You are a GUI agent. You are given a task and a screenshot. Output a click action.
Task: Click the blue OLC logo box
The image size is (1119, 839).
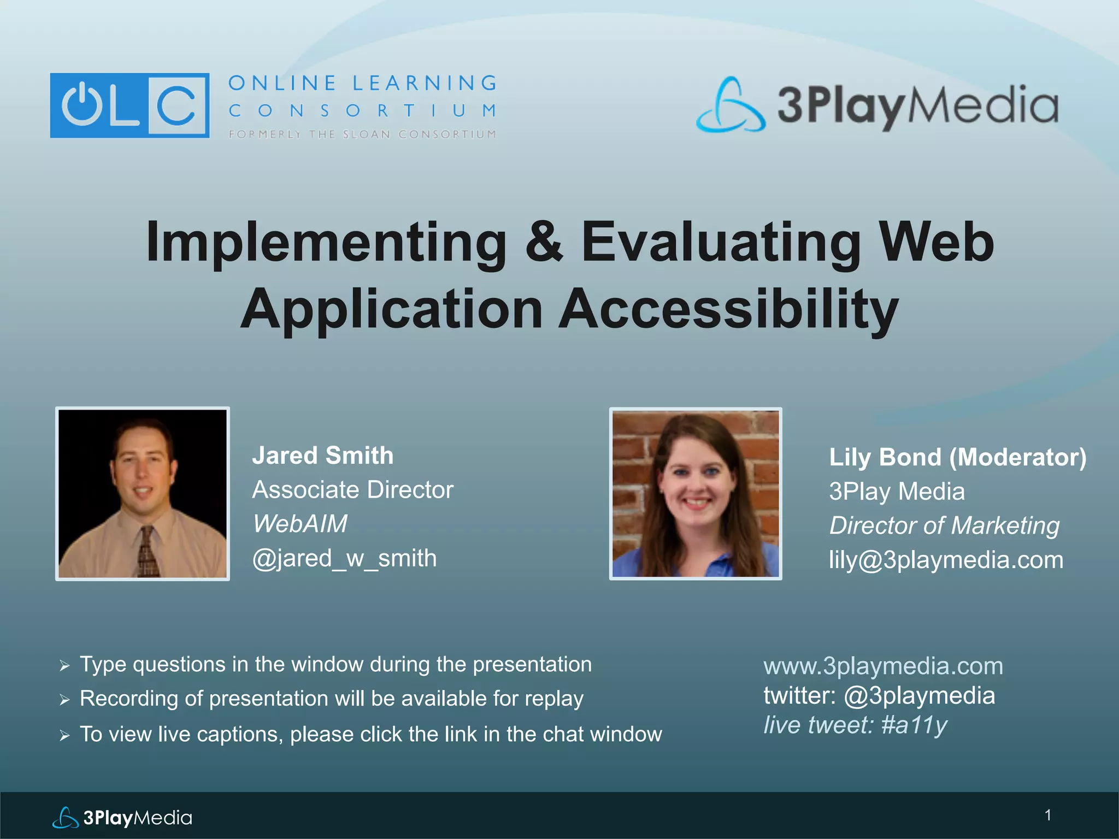[x=129, y=105]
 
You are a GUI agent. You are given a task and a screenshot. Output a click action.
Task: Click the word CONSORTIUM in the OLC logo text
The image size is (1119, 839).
[x=362, y=111]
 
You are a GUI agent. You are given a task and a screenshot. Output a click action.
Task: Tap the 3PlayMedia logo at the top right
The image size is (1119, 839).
[x=877, y=105]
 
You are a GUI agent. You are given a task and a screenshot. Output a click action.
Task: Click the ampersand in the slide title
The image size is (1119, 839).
[x=544, y=242]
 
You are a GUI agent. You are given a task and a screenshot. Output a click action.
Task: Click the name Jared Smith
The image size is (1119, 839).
[x=322, y=456]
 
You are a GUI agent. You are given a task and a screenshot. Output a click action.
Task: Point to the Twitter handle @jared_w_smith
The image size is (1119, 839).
[x=344, y=558]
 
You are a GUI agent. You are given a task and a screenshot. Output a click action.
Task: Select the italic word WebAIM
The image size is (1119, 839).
[x=300, y=524]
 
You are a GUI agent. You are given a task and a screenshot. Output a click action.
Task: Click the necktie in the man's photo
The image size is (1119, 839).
[x=148, y=552]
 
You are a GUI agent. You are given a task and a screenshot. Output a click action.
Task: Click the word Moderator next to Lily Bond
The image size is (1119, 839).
[x=1017, y=457]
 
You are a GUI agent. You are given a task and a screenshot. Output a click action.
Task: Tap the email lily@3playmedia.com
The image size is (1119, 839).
[x=946, y=560]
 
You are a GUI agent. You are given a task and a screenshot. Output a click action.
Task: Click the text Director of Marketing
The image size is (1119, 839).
[x=944, y=525]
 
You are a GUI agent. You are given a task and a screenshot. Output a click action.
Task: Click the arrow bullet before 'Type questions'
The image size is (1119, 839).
[x=64, y=665]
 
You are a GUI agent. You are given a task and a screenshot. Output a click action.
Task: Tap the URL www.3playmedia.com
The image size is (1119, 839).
[x=883, y=666]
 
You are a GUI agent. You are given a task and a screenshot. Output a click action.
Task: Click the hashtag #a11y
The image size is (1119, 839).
[x=914, y=725]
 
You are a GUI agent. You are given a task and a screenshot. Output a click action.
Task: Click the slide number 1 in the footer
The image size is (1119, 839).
[x=1047, y=815]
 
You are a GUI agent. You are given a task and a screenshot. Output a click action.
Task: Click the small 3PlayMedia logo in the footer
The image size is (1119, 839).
[x=122, y=818]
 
